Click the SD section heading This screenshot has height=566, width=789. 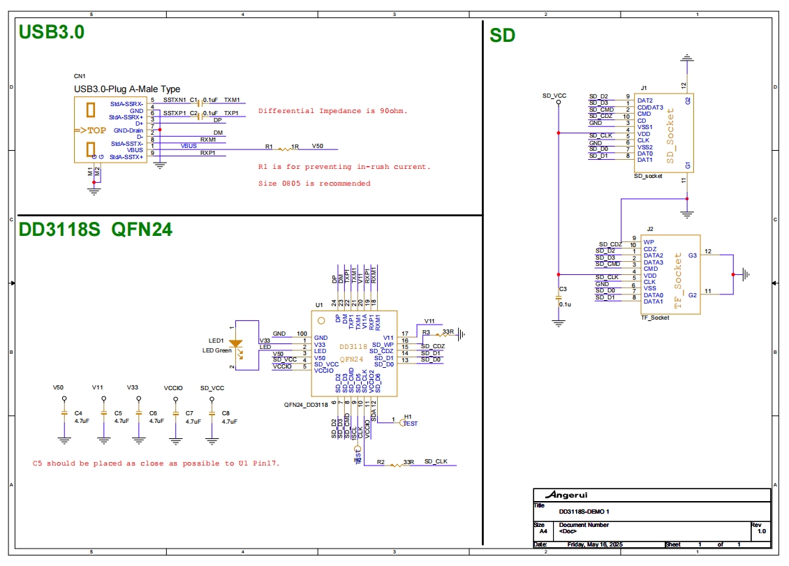[502, 35]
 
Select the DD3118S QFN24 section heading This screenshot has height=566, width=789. [96, 230]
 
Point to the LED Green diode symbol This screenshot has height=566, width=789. [236, 343]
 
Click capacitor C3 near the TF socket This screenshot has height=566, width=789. [558, 298]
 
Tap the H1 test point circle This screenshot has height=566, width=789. [401, 422]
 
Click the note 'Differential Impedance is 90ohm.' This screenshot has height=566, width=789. [332, 111]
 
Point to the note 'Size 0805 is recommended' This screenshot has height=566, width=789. [314, 184]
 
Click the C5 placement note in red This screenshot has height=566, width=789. [156, 463]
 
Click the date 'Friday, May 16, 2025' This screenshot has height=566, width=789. [595, 544]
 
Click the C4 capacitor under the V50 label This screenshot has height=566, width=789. [64, 417]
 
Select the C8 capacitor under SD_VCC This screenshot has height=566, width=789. [212, 417]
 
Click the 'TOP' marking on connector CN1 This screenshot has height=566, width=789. [90, 131]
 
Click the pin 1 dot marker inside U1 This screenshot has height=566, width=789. [321, 321]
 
